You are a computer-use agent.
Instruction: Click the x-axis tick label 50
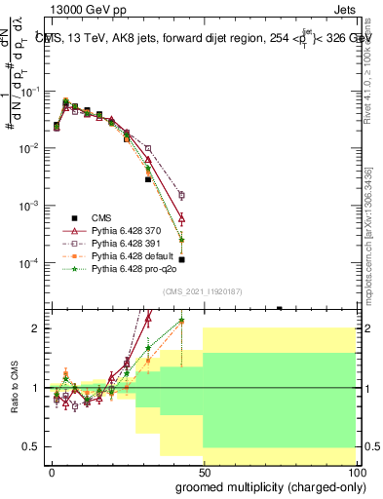click(x=204, y=470)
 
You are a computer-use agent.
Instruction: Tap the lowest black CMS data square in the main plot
click(x=182, y=259)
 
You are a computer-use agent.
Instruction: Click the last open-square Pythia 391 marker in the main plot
click(x=182, y=195)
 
